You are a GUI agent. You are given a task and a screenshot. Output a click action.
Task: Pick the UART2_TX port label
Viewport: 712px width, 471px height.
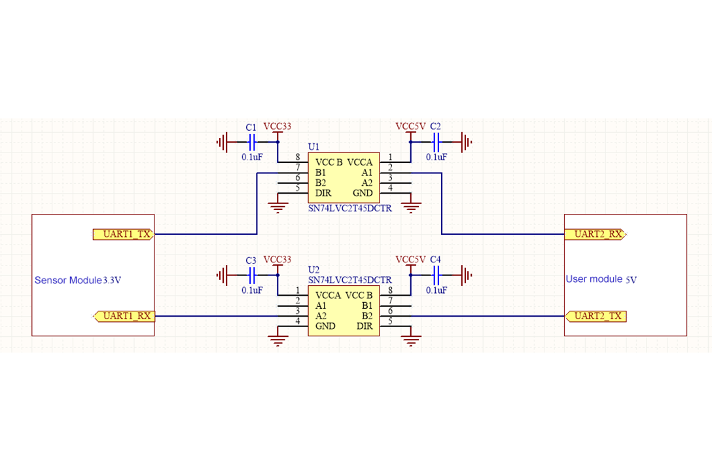click(596, 317)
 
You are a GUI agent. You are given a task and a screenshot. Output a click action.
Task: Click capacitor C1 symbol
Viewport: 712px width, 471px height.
click(252, 141)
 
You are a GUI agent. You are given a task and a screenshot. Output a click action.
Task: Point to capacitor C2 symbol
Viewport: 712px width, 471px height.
click(436, 141)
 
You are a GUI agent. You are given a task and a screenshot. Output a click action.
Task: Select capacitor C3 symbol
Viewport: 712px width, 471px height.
click(252, 275)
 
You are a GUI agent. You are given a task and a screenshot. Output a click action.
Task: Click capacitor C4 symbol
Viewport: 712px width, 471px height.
click(436, 275)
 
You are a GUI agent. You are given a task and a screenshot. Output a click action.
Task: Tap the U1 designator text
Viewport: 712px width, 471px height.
click(313, 148)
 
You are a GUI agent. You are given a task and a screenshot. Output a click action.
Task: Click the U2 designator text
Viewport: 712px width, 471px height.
click(313, 270)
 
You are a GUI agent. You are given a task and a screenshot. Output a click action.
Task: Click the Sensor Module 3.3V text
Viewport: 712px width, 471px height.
click(78, 281)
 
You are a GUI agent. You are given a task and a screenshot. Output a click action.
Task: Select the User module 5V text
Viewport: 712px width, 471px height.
click(601, 279)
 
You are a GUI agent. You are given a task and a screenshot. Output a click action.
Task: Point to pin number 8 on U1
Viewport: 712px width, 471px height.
click(298, 158)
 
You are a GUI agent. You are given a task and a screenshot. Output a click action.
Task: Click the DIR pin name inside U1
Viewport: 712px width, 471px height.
click(323, 194)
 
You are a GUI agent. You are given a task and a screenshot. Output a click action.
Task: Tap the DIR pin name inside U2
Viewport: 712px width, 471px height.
click(365, 326)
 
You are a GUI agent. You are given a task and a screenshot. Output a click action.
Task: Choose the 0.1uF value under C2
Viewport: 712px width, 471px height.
click(436, 158)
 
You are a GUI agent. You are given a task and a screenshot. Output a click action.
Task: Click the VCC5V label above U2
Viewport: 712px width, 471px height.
click(411, 260)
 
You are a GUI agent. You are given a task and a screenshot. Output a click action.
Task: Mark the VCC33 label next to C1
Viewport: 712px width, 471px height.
click(277, 126)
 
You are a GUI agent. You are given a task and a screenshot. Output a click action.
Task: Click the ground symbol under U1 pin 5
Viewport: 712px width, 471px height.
click(278, 208)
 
